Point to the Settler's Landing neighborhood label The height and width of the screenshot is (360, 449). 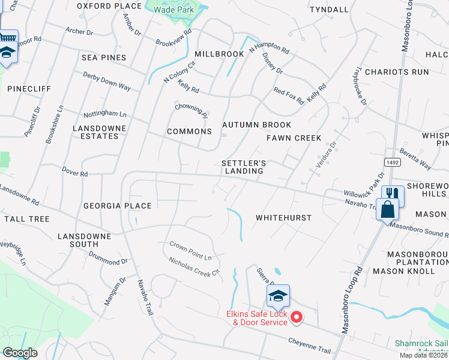coord(244,167)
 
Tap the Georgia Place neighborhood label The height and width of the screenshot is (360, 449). coord(118,205)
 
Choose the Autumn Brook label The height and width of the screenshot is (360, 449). coord(256,125)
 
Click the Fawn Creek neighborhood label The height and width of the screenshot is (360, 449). coord(294,138)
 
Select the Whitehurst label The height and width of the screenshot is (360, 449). coord(283,218)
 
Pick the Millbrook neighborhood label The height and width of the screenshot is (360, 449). coord(219,54)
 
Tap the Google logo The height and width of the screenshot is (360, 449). coord(19,353)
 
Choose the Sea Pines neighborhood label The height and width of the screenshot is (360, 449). coord(104,58)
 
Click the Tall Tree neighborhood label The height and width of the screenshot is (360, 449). coord(26,219)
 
